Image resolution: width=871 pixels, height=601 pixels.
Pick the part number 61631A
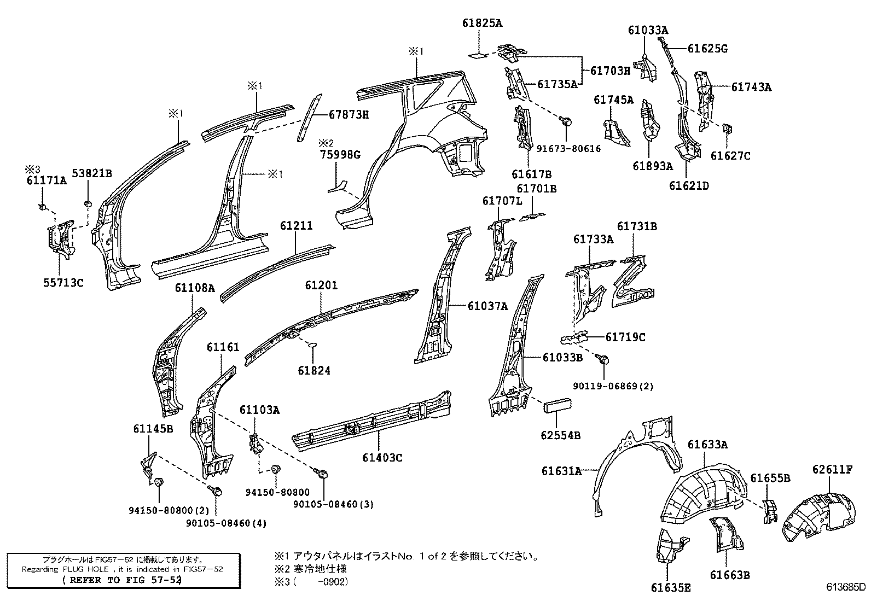[561, 470]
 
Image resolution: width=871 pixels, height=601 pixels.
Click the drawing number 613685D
[845, 588]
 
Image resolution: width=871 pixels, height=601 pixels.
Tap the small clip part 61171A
[42, 207]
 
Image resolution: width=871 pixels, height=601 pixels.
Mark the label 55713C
[63, 283]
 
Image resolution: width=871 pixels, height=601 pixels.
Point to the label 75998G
[340, 155]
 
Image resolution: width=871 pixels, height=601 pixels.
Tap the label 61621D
[689, 186]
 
